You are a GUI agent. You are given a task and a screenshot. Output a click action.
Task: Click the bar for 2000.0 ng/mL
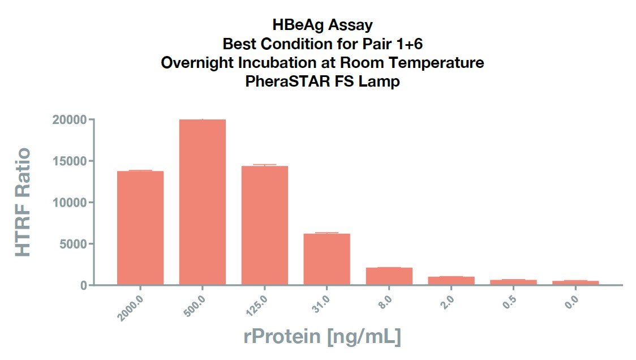[x=140, y=228]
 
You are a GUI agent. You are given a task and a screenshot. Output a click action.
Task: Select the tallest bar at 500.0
[x=203, y=202]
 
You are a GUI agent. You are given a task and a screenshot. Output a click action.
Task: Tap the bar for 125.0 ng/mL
[x=264, y=225]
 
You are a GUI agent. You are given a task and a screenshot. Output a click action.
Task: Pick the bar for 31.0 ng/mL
[x=326, y=259]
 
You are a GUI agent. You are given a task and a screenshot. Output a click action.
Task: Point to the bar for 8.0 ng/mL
[x=389, y=276]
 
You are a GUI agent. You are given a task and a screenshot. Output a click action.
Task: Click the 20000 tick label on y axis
[x=70, y=120]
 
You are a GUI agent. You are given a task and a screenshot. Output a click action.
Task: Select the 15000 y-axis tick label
[x=70, y=161]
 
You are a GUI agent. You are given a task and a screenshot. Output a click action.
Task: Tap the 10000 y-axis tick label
[x=70, y=203]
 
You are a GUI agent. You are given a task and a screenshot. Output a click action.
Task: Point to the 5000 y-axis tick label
[x=73, y=244]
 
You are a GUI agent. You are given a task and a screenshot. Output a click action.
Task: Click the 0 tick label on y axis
[x=84, y=286]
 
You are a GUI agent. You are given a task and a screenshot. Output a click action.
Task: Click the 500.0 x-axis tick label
[x=195, y=306]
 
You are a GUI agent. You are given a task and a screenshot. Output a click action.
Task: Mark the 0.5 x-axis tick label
[x=509, y=302]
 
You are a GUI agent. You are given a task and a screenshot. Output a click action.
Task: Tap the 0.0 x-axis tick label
[x=571, y=302]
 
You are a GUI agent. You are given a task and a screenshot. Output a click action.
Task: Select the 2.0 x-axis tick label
[x=447, y=302]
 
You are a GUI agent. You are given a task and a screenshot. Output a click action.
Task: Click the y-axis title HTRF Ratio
[x=23, y=202]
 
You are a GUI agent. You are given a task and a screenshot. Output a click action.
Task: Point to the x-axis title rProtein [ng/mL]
[x=322, y=336]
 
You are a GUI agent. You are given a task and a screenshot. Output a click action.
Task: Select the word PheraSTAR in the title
[x=288, y=81]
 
